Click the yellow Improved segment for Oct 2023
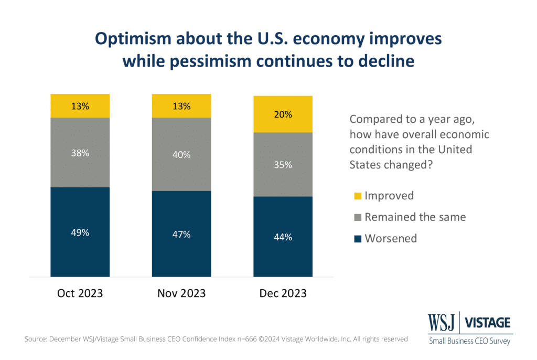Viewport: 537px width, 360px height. point(80,106)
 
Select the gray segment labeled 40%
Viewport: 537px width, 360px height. point(181,154)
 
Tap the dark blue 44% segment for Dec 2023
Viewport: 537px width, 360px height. point(283,237)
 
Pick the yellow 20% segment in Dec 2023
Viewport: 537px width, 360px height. point(283,114)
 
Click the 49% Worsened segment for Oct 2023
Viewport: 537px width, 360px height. point(80,232)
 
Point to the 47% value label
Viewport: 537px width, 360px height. point(181,235)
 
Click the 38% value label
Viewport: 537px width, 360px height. point(80,153)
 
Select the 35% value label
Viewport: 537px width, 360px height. point(283,165)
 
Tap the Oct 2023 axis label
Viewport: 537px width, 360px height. point(80,293)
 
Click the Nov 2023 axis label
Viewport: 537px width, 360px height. point(181,293)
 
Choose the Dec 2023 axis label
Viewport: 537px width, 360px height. point(283,293)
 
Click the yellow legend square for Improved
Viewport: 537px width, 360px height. point(358,196)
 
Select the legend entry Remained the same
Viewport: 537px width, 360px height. point(410,217)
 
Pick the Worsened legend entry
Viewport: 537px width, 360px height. point(385,238)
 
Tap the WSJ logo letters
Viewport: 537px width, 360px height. point(442,322)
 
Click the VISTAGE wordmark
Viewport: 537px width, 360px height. point(487,323)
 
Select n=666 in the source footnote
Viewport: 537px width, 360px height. point(246,339)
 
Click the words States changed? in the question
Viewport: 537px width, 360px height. point(391,165)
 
